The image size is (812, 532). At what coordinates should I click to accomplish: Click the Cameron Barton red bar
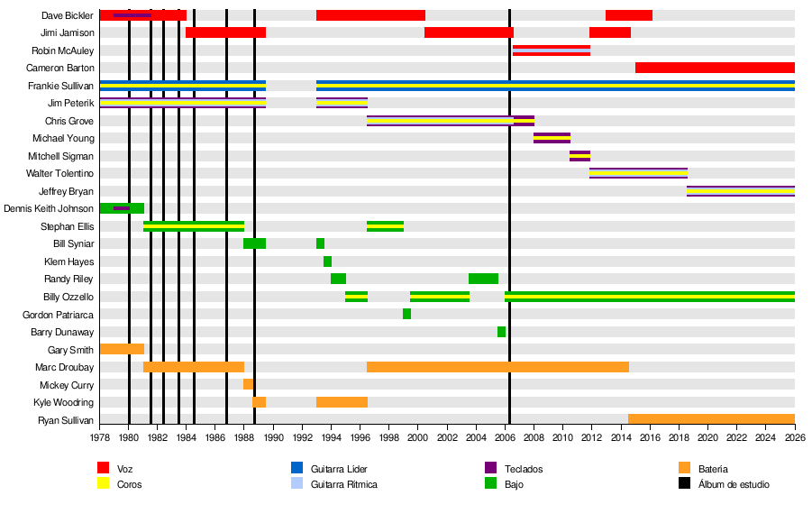coord(715,68)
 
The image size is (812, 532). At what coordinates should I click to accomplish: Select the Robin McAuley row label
coord(62,50)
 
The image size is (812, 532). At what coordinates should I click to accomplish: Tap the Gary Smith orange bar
coord(122,349)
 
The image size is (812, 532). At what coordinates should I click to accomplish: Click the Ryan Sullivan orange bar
coord(711,419)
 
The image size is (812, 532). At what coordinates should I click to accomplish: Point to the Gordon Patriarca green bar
coord(406,314)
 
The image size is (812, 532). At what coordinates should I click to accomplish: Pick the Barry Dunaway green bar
coord(501,332)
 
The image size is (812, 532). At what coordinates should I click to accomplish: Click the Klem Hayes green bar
coord(327,261)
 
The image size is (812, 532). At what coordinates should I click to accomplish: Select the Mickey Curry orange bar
coord(248,384)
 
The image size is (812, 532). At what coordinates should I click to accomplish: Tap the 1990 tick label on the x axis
coord(273,437)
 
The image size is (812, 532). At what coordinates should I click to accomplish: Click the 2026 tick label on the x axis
coord(794,437)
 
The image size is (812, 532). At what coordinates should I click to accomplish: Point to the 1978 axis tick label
coord(100,437)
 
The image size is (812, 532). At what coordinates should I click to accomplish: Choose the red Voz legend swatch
coord(104,468)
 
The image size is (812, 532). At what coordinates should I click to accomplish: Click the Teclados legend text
coord(524,469)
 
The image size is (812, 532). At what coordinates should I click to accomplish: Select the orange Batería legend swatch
coord(684,468)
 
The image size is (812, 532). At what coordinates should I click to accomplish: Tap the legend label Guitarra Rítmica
coord(344,484)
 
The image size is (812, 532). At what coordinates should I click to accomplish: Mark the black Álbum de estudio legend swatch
coord(684,483)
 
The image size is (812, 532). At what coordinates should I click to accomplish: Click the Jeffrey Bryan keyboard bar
coord(740,191)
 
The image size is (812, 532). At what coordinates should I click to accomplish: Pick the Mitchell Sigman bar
coord(579,156)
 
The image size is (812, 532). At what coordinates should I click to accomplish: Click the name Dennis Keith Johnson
coord(49,208)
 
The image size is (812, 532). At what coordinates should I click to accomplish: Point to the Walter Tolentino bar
coord(638,173)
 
